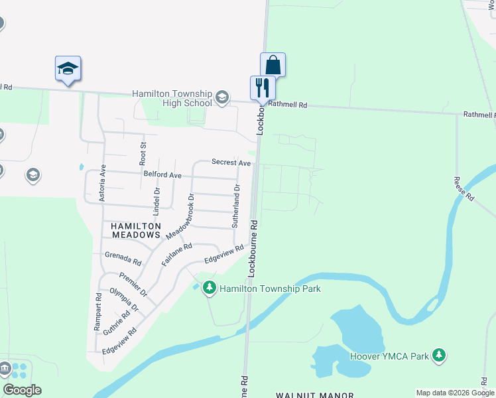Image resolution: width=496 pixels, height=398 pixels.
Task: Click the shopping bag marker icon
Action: (273, 65)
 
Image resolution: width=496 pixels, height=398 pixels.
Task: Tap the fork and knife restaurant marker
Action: (262, 88)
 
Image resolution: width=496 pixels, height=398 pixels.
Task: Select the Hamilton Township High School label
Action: (172, 98)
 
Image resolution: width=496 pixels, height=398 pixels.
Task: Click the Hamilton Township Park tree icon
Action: (210, 288)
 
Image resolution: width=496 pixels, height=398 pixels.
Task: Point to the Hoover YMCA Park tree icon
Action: (438, 356)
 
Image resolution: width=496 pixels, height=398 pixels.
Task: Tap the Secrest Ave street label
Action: (231, 163)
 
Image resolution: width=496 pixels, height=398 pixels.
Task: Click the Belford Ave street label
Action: (162, 175)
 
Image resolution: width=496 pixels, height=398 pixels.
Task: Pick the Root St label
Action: (142, 153)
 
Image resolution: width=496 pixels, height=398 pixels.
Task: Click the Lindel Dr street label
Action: (156, 201)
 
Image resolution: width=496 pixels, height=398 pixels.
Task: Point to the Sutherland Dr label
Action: (235, 206)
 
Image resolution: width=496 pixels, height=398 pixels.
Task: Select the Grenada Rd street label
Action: (123, 258)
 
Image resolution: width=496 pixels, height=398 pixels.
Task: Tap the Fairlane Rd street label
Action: (176, 255)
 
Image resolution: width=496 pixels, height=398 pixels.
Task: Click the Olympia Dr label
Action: (124, 300)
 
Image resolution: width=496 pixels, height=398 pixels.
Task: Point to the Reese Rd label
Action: (464, 189)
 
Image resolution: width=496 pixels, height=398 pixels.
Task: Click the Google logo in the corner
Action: (22, 389)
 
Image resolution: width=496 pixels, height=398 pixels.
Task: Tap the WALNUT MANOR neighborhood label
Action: (315, 395)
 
